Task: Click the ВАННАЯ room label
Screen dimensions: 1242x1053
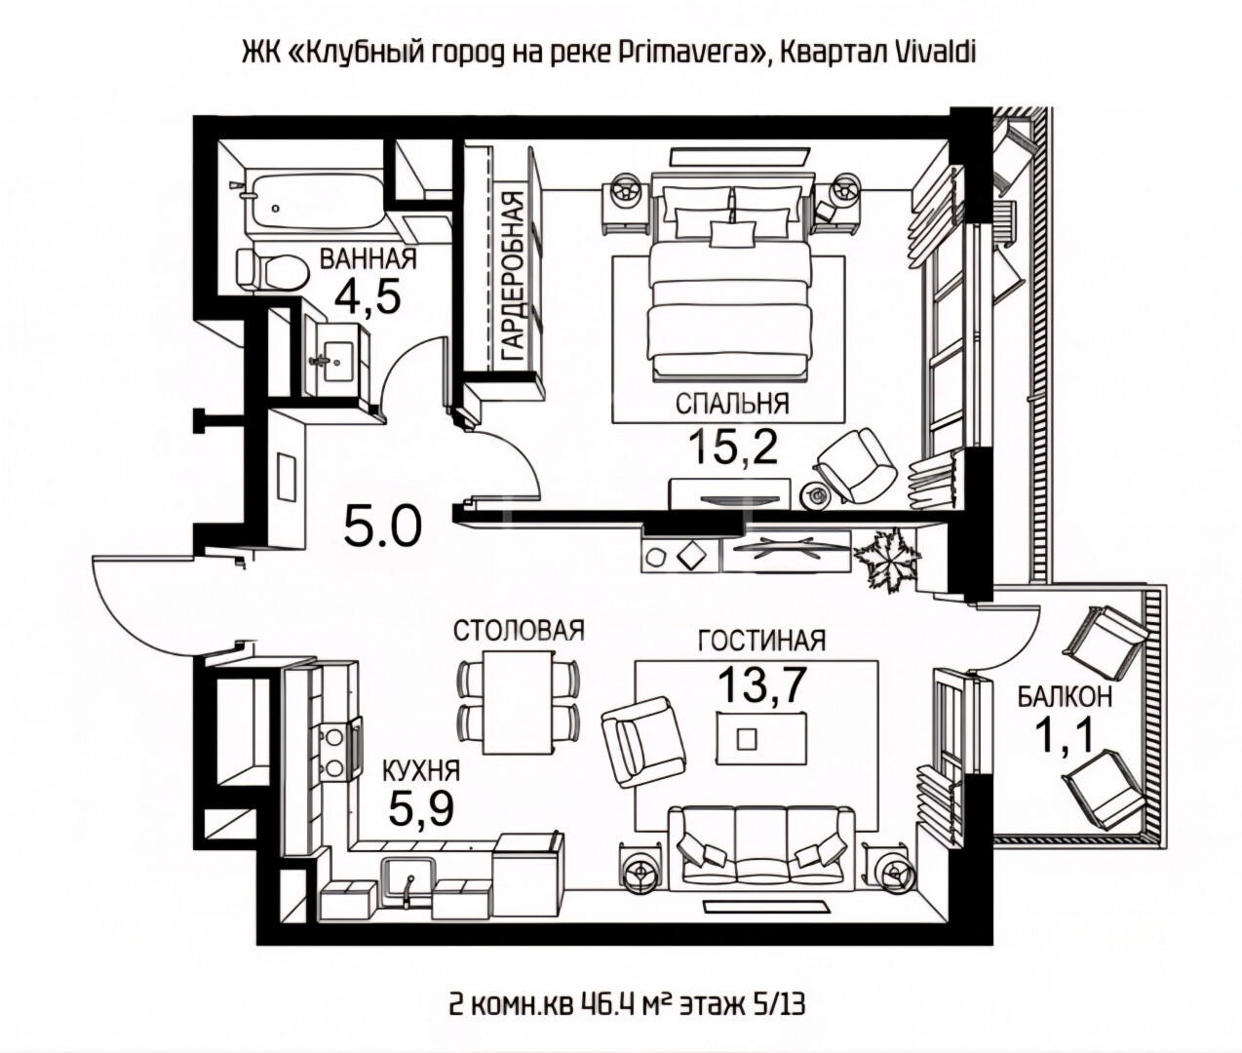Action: click(x=368, y=259)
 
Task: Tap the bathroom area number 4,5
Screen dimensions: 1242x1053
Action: click(x=368, y=297)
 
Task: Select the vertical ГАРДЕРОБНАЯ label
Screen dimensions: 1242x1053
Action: click(x=513, y=277)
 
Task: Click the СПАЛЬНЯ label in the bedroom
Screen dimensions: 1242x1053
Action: click(x=732, y=404)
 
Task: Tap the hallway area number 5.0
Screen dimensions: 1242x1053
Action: click(x=383, y=526)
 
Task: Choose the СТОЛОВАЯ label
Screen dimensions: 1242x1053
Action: click(x=519, y=631)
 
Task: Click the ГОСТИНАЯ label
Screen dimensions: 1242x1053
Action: click(x=762, y=641)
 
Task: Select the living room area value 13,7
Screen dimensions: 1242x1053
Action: click(x=762, y=684)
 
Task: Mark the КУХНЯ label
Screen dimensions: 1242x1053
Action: click(x=421, y=770)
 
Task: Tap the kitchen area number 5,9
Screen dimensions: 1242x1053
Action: click(x=421, y=808)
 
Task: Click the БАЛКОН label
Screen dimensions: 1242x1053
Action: click(x=1065, y=697)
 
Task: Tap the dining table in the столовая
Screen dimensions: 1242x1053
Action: click(x=518, y=702)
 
